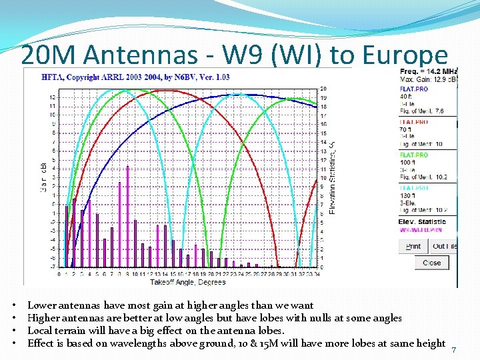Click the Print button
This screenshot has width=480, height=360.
tap(413, 246)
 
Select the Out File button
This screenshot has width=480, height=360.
tap(444, 246)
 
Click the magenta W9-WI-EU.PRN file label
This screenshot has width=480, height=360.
tap(420, 230)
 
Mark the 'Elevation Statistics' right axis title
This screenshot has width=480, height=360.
tap(333, 177)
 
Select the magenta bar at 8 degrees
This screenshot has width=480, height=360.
tap(119, 223)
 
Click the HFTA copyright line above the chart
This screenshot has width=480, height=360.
tap(145, 77)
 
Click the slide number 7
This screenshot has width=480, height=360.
tap(454, 351)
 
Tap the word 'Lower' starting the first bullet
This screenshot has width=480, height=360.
tap(41, 306)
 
